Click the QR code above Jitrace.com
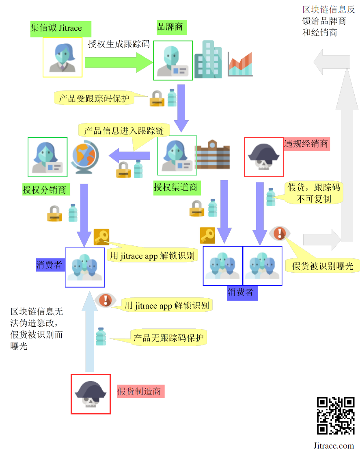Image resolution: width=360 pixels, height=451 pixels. coord(336,415)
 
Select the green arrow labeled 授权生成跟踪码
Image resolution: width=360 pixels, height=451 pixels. coord(118,63)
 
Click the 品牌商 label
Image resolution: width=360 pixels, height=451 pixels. coord(170,27)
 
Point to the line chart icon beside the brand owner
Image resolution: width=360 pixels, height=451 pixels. coord(240,64)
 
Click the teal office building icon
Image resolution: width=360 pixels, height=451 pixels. coord(208,60)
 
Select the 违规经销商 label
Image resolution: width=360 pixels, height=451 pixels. coord(306,143)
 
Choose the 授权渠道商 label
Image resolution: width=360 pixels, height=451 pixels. coord(175,188)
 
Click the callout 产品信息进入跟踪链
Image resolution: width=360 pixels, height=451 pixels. coord(124,131)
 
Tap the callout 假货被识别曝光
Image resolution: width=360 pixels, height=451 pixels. coord(323,266)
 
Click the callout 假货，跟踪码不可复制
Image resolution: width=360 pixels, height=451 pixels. coord(314,193)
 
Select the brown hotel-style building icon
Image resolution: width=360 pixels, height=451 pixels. coord(213,155)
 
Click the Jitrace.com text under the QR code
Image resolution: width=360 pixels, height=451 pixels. coord(334,445)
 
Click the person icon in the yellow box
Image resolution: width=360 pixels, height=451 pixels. coord(63,58)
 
